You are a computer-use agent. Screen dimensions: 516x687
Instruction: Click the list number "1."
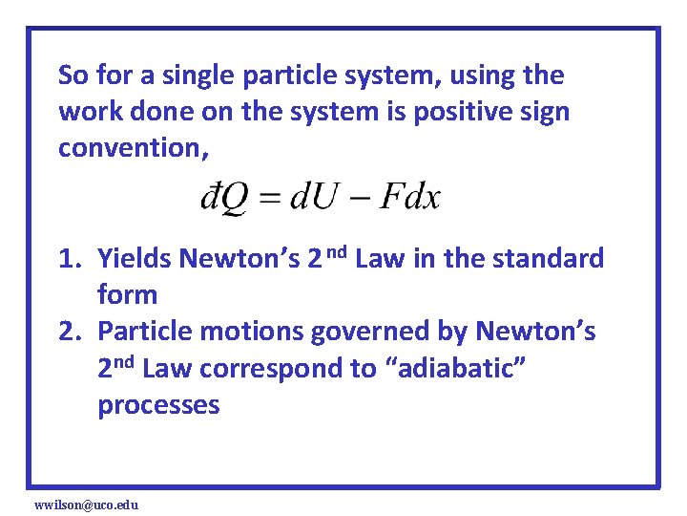point(70,259)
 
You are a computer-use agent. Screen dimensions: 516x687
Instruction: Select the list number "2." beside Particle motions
point(70,332)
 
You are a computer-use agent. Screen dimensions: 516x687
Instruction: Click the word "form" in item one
point(127,295)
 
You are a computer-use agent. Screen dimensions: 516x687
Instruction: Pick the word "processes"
point(158,404)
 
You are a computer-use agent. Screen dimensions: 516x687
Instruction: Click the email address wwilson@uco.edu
point(86,504)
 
